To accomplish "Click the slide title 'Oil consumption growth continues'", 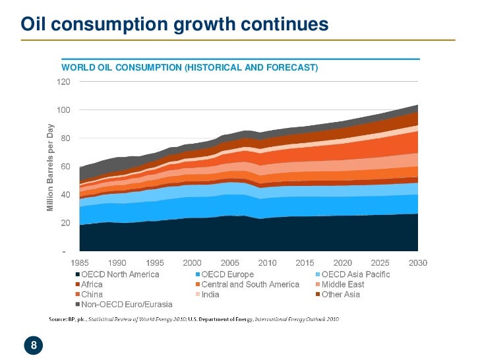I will (x=175, y=24).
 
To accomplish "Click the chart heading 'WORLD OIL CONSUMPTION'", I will (x=190, y=68).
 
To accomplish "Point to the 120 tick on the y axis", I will (x=63, y=82).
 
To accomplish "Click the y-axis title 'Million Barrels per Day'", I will (x=49, y=169).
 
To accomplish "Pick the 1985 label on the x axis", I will (x=80, y=263).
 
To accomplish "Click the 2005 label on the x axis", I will (x=229, y=263).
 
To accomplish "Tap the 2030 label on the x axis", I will (x=417, y=263).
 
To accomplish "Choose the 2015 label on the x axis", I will (x=305, y=263).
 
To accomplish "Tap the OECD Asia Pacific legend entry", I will (x=355, y=274).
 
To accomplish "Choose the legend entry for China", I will (x=92, y=294).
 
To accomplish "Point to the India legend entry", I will (x=210, y=294).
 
